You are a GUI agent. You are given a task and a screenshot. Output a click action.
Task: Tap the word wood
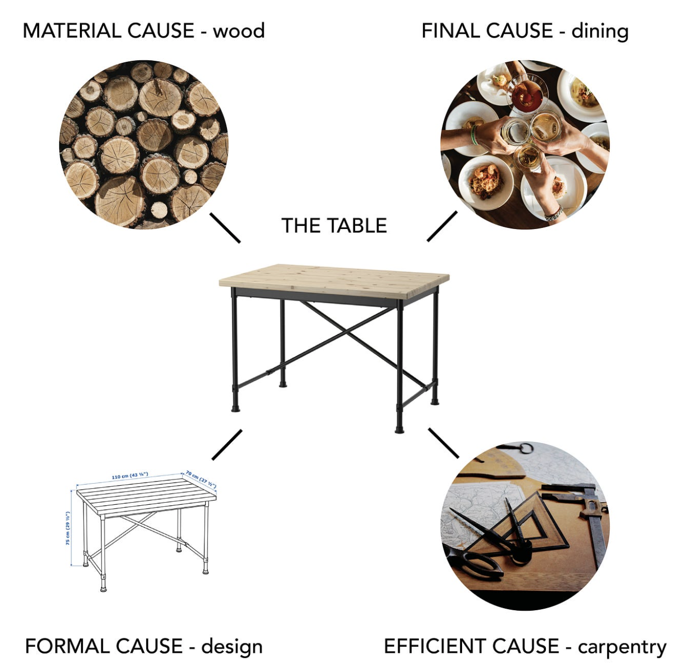239,31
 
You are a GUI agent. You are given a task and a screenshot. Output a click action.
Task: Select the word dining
600,31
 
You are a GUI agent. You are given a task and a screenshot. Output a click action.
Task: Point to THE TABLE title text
334,226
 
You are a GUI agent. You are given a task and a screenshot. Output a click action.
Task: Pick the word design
232,647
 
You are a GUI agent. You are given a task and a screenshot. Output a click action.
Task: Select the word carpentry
622,647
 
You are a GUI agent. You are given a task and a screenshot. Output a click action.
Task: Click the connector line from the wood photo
225,228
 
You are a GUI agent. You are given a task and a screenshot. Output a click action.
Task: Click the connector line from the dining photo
442,226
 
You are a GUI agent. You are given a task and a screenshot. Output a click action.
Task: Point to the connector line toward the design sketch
227,444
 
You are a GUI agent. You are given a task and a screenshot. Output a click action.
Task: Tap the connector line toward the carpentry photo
443,443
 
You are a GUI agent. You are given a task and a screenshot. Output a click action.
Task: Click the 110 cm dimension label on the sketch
130,475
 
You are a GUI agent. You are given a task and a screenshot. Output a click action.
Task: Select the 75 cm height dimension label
68,528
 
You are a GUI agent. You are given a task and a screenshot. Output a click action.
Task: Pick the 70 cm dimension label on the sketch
201,479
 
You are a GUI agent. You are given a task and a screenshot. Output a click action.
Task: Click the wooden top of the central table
334,279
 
